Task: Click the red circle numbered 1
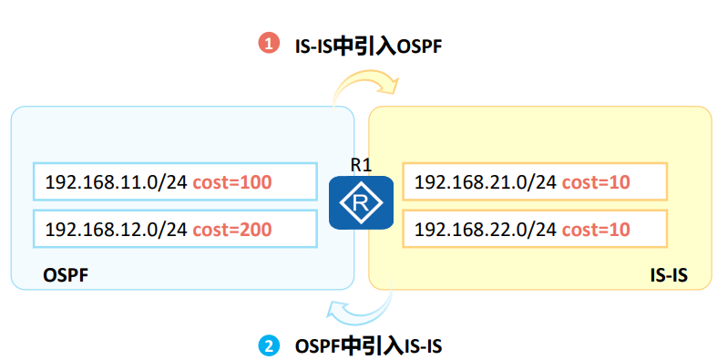coord(269,44)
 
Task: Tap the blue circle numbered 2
coord(269,346)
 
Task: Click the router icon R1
coord(362,202)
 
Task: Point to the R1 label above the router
coord(362,165)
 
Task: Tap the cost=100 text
coord(232,182)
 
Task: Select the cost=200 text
coord(232,229)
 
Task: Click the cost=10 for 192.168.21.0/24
coord(596,182)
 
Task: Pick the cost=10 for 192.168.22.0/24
coord(596,229)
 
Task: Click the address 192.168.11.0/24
coord(116,182)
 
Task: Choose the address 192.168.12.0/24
coord(116,229)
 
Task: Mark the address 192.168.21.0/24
coord(486,182)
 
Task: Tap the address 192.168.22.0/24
coord(486,229)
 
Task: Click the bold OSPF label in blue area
coord(66,275)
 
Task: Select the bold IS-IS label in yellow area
coord(669,275)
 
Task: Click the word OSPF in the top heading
coord(419,46)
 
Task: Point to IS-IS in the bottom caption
coord(423,346)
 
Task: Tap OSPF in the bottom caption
coord(318,346)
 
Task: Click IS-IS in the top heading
coord(313,46)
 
